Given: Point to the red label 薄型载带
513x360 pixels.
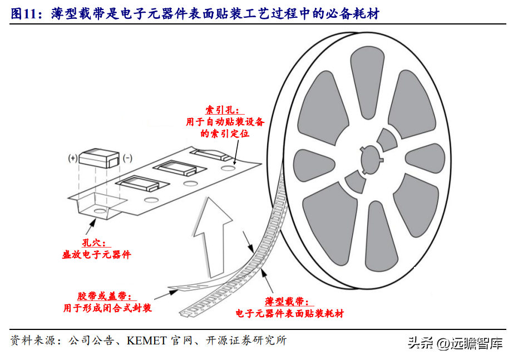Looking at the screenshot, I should pos(288,302).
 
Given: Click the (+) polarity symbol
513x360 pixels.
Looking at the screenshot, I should pos(73,158).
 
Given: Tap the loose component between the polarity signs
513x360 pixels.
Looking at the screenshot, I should pos(100,158).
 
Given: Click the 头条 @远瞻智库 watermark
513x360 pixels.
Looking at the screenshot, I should pos(455,343).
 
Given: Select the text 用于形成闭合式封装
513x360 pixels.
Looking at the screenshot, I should pos(107,308).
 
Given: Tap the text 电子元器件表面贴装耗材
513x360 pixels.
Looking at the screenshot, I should pos(289,313).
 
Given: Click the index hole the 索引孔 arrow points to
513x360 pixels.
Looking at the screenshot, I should pos(228,167).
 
